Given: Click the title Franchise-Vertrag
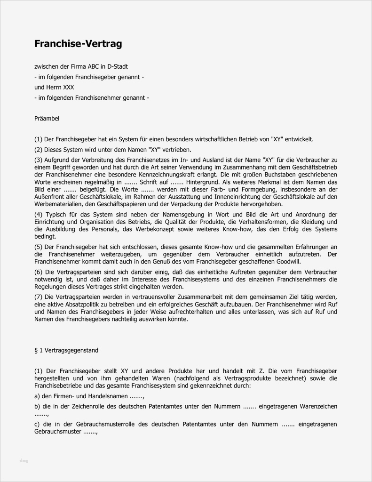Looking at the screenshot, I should coord(78,44).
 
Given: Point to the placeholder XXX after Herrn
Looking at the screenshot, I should coord(68,88).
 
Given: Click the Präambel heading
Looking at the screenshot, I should coord(47,119).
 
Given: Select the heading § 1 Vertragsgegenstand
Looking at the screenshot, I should coord(66,351).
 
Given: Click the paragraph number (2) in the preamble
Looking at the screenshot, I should coord(39,150).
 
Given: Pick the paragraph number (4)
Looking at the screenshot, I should coord(39,215).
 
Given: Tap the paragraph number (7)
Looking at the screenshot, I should coord(39,297).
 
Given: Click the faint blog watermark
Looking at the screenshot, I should coord(23,461).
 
